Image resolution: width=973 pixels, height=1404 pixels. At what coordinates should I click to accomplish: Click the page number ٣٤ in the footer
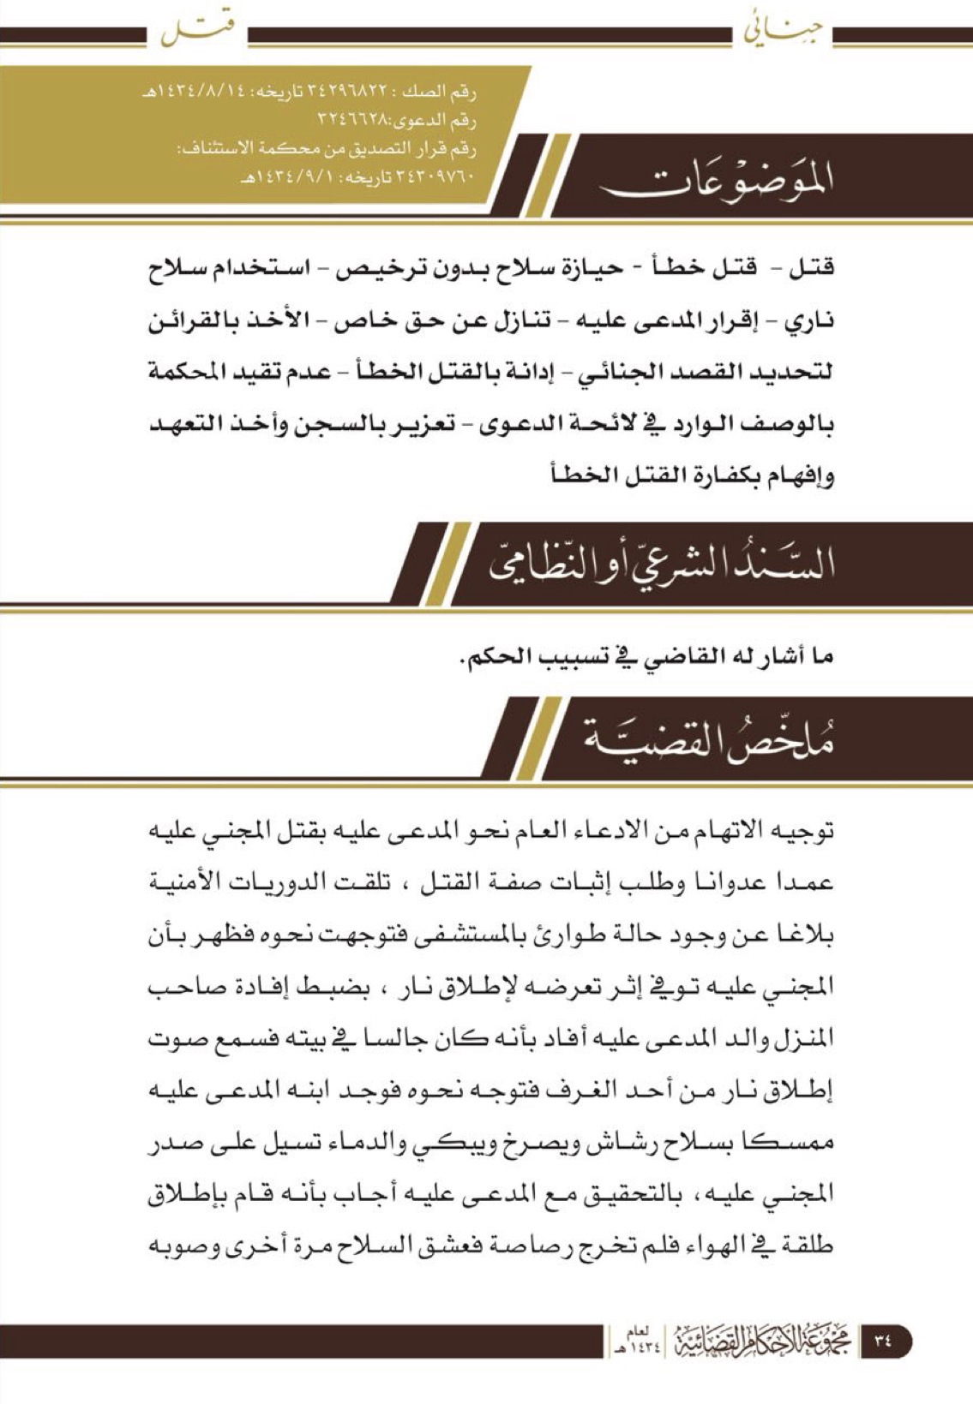[x=884, y=1339]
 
